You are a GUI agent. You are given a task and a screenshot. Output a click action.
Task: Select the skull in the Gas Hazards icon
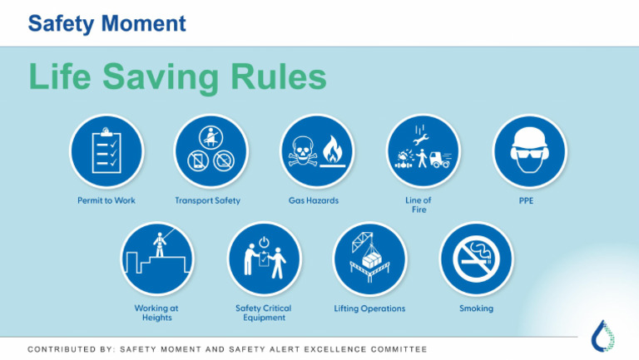300,153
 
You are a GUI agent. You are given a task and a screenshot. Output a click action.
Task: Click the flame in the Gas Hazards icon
334,150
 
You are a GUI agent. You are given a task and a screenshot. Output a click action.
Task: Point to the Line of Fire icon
423,150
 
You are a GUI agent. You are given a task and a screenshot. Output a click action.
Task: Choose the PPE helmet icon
529,150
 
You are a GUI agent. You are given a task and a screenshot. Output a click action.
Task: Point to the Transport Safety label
208,200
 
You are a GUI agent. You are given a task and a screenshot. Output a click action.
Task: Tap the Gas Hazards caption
314,200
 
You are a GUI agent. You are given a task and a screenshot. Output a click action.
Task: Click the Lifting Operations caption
369,308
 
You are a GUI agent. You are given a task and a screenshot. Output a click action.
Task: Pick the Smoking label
476,308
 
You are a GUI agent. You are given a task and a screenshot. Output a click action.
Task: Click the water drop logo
603,334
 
